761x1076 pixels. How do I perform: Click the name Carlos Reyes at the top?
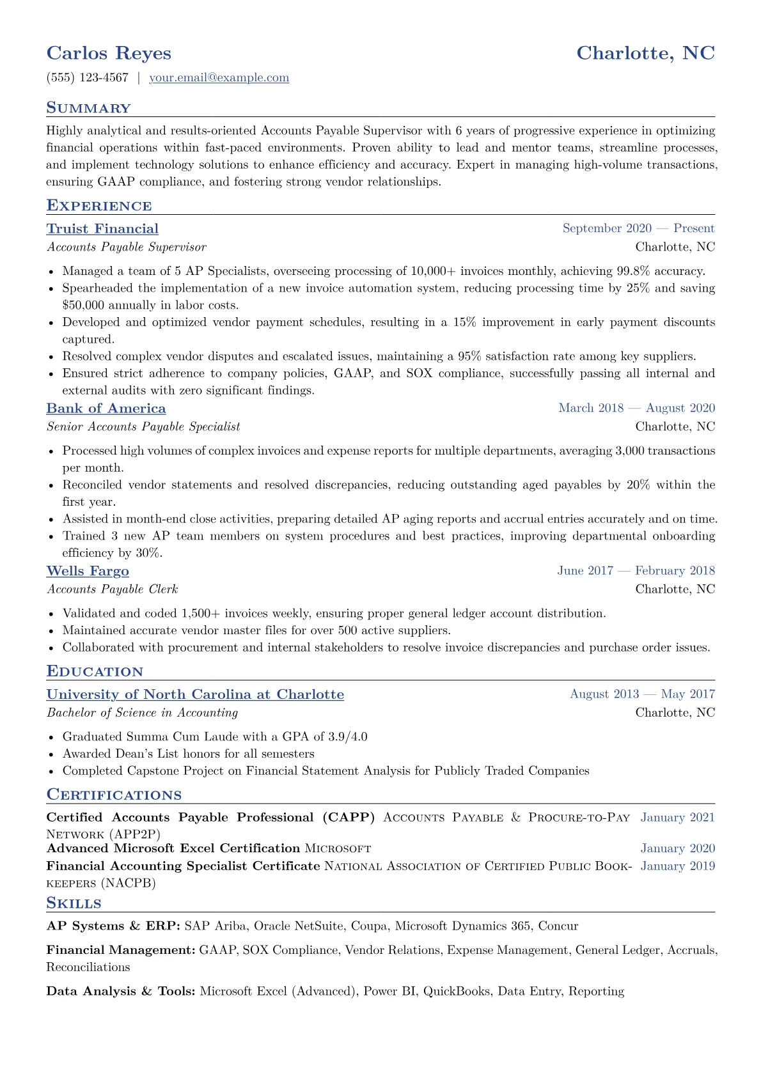109,53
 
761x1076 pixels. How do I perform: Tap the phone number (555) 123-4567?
87,78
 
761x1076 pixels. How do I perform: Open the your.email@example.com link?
219,78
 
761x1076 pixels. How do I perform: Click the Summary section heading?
88,108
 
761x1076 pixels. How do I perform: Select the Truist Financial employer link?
102,229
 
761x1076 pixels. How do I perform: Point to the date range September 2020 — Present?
638,228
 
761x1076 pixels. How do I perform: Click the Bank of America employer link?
106,409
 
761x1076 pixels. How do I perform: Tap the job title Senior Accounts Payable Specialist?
143,426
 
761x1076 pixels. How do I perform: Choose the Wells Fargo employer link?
88,571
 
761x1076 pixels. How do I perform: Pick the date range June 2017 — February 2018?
636,570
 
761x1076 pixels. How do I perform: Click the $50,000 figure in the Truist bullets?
83,306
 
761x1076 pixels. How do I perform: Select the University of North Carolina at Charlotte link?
195,694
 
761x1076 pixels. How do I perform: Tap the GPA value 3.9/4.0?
348,737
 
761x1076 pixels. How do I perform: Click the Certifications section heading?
114,795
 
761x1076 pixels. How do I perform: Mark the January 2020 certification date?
677,848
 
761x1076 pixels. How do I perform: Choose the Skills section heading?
74,903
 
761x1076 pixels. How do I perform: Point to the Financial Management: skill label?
121,951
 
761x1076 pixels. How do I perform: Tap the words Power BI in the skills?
390,992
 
